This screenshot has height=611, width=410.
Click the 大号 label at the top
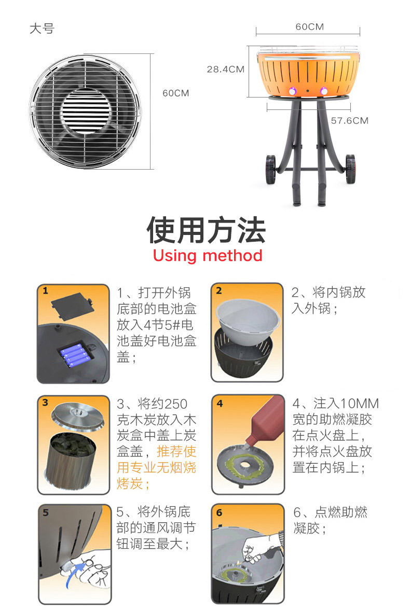(42, 29)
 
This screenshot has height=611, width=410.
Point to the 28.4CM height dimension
(226, 70)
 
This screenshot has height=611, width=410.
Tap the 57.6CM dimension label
(350, 120)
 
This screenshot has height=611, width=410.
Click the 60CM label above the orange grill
(309, 26)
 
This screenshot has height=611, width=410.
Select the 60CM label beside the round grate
(176, 93)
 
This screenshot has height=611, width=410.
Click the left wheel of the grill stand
(271, 170)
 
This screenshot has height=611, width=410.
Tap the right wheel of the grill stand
(350, 169)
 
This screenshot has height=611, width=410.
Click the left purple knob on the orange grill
(292, 92)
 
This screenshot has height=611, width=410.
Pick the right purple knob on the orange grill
(324, 91)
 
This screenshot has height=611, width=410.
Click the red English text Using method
(208, 256)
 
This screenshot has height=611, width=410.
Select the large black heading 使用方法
(206, 230)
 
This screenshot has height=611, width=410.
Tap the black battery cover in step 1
(73, 305)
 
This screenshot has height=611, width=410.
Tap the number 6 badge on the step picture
(219, 512)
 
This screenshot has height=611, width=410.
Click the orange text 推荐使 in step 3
(176, 451)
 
